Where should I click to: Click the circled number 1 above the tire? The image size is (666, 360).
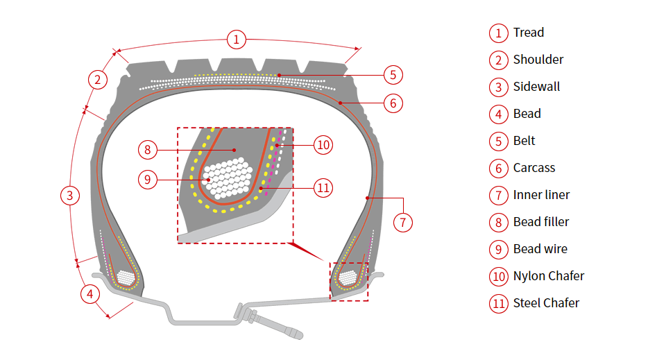(237, 40)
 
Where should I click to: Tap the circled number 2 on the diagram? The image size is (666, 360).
(98, 80)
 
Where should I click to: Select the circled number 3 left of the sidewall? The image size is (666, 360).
(69, 196)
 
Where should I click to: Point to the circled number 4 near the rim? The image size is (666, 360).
(89, 293)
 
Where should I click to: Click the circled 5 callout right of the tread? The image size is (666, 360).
(393, 75)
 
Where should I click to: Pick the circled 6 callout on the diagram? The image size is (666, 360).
(393, 103)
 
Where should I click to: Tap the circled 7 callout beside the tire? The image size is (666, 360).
(403, 222)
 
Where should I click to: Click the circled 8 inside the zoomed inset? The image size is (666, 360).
(147, 148)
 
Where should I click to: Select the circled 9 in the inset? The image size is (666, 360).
(147, 180)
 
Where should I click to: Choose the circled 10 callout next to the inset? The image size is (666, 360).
(323, 145)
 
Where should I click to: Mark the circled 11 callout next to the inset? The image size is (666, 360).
(323, 187)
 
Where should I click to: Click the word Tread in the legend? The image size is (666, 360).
(528, 33)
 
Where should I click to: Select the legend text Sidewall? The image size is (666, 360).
(536, 87)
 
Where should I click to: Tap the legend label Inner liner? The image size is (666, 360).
(541, 195)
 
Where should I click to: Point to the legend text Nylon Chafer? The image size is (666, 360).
(548, 276)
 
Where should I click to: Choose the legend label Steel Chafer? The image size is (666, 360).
(546, 303)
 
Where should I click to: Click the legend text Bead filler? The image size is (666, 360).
(541, 222)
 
